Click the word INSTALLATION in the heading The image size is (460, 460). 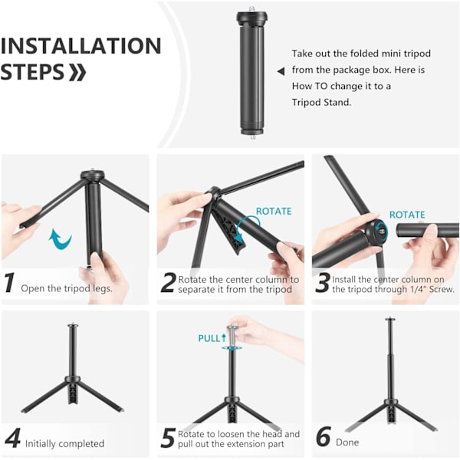click(x=80, y=46)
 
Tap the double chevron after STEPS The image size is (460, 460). click(x=77, y=72)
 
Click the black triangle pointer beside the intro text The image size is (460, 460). click(x=281, y=71)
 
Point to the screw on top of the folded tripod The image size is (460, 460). click(x=252, y=8)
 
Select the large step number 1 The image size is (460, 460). click(x=10, y=282)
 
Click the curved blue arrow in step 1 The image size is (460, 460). click(x=60, y=238)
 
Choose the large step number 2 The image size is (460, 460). click(x=168, y=282)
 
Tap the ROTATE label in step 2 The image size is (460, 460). click(x=274, y=212)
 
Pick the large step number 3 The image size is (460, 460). click(x=322, y=282)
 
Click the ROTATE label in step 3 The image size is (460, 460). click(x=407, y=215)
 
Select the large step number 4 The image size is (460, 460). click(x=12, y=438)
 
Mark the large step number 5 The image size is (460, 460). click(x=168, y=438)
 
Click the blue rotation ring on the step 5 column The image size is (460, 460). click(x=232, y=348)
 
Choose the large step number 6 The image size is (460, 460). click(x=324, y=437)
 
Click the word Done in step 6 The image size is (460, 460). click(x=347, y=442)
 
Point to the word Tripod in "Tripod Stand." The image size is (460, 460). click(x=306, y=103)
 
